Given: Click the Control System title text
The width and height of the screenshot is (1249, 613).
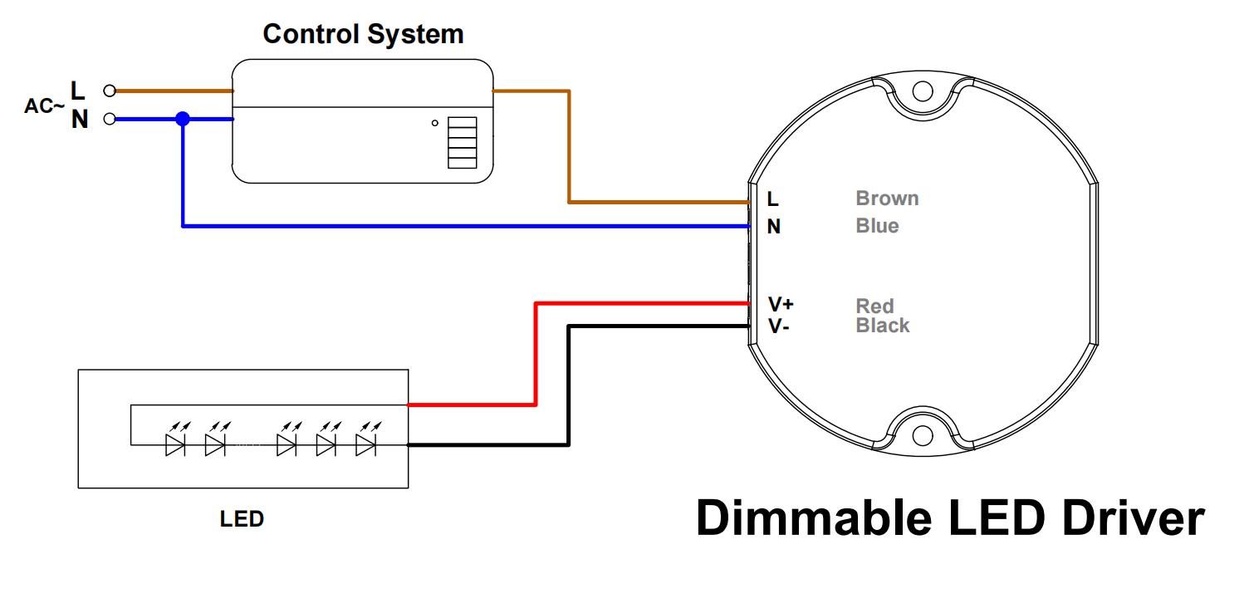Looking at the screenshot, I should [363, 35].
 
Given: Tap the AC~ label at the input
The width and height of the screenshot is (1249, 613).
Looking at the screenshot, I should [44, 105].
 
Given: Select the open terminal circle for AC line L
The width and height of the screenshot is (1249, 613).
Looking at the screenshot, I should [109, 91].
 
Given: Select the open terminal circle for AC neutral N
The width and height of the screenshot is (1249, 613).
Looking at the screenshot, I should [109, 120].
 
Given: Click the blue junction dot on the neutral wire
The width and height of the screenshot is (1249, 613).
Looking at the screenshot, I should [183, 120].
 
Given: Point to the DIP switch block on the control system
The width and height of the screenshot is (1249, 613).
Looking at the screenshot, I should [463, 143].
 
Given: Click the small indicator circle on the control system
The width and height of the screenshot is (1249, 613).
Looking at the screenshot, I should [434, 124].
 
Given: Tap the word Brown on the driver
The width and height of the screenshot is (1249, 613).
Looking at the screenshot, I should [887, 199].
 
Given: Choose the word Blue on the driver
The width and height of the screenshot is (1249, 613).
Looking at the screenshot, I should [877, 226].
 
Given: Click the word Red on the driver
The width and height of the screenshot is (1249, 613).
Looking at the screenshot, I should [874, 306].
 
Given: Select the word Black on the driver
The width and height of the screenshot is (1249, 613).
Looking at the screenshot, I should [883, 326].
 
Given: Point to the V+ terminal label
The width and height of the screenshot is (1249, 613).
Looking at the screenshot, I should [781, 305].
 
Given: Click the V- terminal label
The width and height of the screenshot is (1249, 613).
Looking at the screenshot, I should [778, 326].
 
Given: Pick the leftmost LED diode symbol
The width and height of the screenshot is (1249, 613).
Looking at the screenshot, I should [175, 444].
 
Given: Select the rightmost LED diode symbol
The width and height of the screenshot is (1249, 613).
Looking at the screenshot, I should [365, 444].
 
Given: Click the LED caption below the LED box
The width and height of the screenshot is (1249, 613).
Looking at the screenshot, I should [242, 519].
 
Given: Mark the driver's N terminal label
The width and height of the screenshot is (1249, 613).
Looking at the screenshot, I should [773, 227].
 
